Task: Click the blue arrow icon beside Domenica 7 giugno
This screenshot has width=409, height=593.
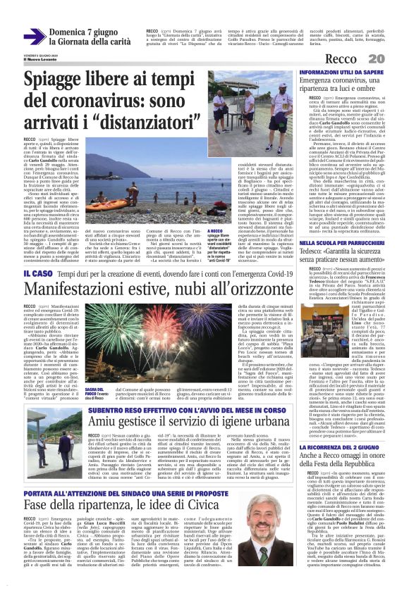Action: click(33, 38)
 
